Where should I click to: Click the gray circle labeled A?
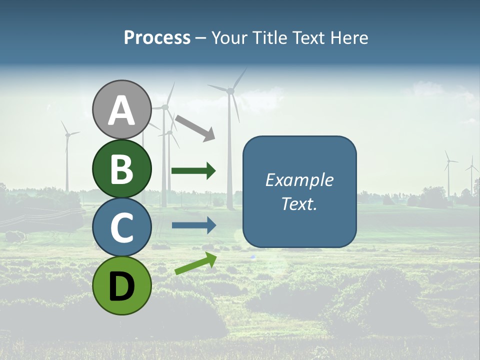pyautogui.click(x=122, y=109)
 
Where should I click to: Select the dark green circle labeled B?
pyautogui.click(x=122, y=168)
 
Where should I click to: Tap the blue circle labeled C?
pyautogui.click(x=122, y=227)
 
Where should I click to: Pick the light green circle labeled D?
pyautogui.click(x=122, y=285)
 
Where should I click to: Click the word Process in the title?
pyautogui.click(x=157, y=37)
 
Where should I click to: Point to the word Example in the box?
pyautogui.click(x=299, y=180)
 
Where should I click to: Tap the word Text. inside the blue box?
pyautogui.click(x=299, y=204)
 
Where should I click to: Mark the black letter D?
pyautogui.click(x=122, y=286)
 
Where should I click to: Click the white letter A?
pyautogui.click(x=122, y=110)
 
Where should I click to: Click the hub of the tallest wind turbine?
pyautogui.click(x=230, y=90)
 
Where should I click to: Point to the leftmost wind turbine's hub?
pyautogui.click(x=67, y=134)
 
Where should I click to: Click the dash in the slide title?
pyautogui.click(x=201, y=38)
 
